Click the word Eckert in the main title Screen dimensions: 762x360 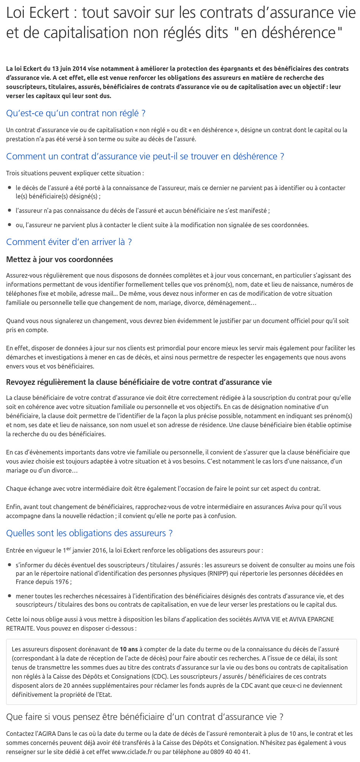49,13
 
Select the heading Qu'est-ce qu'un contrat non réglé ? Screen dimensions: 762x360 76,113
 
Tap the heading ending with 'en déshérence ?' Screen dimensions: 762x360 145,156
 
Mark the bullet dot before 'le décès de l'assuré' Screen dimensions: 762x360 9,187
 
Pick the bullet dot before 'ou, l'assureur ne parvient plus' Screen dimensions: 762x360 9,225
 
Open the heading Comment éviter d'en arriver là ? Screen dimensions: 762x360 69,242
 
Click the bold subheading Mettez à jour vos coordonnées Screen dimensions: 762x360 59,259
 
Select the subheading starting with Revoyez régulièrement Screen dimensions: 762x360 139,382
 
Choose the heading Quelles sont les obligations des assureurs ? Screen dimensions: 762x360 89,533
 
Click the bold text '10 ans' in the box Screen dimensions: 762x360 129,649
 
